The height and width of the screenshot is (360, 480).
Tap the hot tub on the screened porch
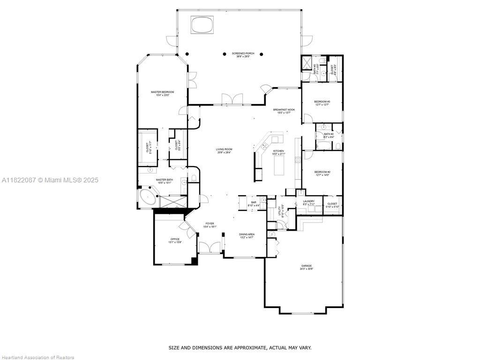pos(203,24)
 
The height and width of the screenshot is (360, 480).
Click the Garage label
pos(306,267)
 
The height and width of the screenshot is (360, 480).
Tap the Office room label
pos(175,240)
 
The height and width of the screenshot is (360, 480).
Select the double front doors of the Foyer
pos(210,247)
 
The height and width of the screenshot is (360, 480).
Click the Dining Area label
pos(247,236)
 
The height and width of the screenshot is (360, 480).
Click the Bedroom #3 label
pos(322,103)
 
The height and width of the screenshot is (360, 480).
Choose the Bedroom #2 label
pos(322,173)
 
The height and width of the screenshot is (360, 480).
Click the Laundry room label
pos(308,202)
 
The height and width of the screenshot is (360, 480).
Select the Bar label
pos(253,203)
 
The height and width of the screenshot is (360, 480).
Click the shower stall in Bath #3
pos(307,63)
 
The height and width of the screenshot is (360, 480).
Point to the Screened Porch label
pos(243,55)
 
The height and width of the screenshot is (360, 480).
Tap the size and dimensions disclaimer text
pos(240,348)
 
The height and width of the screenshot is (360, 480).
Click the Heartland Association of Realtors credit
pos(37,358)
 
